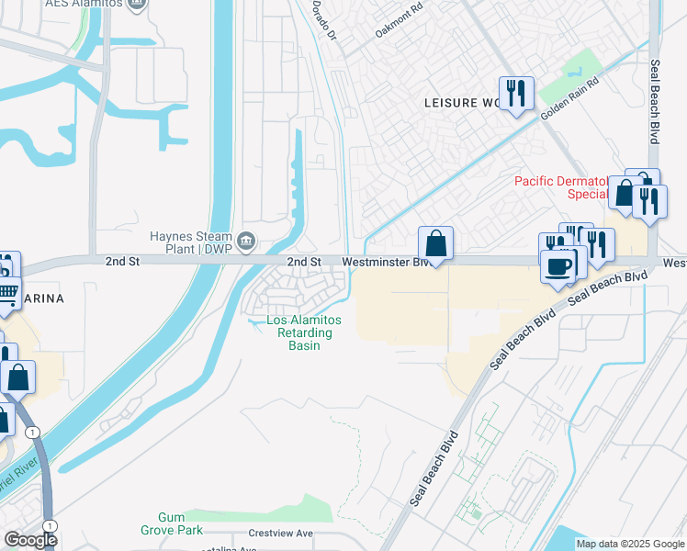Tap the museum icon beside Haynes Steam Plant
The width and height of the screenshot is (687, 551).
[x=246, y=242]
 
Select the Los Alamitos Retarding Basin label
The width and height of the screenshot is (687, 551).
[x=303, y=332]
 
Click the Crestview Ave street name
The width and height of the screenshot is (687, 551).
[x=280, y=534]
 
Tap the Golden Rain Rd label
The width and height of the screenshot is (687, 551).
[x=569, y=98]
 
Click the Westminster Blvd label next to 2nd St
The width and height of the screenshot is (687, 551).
[x=386, y=262]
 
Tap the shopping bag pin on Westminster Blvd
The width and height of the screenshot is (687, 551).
[x=436, y=244]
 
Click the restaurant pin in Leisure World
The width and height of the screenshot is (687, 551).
[x=516, y=93]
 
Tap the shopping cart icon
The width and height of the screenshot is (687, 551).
[x=6, y=294]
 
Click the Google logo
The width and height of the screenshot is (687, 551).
[x=29, y=540]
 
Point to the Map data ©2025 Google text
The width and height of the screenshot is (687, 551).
[x=629, y=544]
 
